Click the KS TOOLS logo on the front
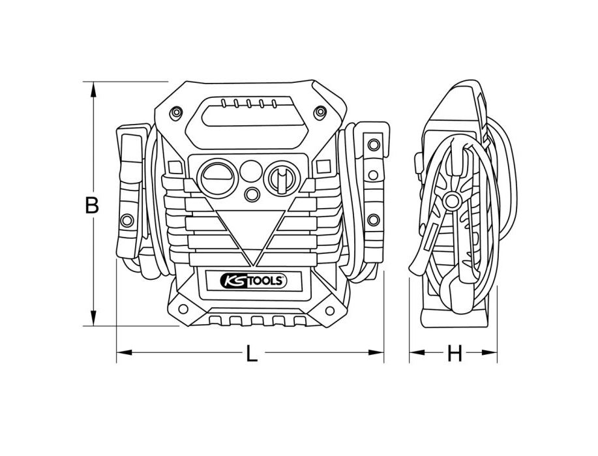250,280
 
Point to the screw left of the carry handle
177,113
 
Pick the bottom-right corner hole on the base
320,309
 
